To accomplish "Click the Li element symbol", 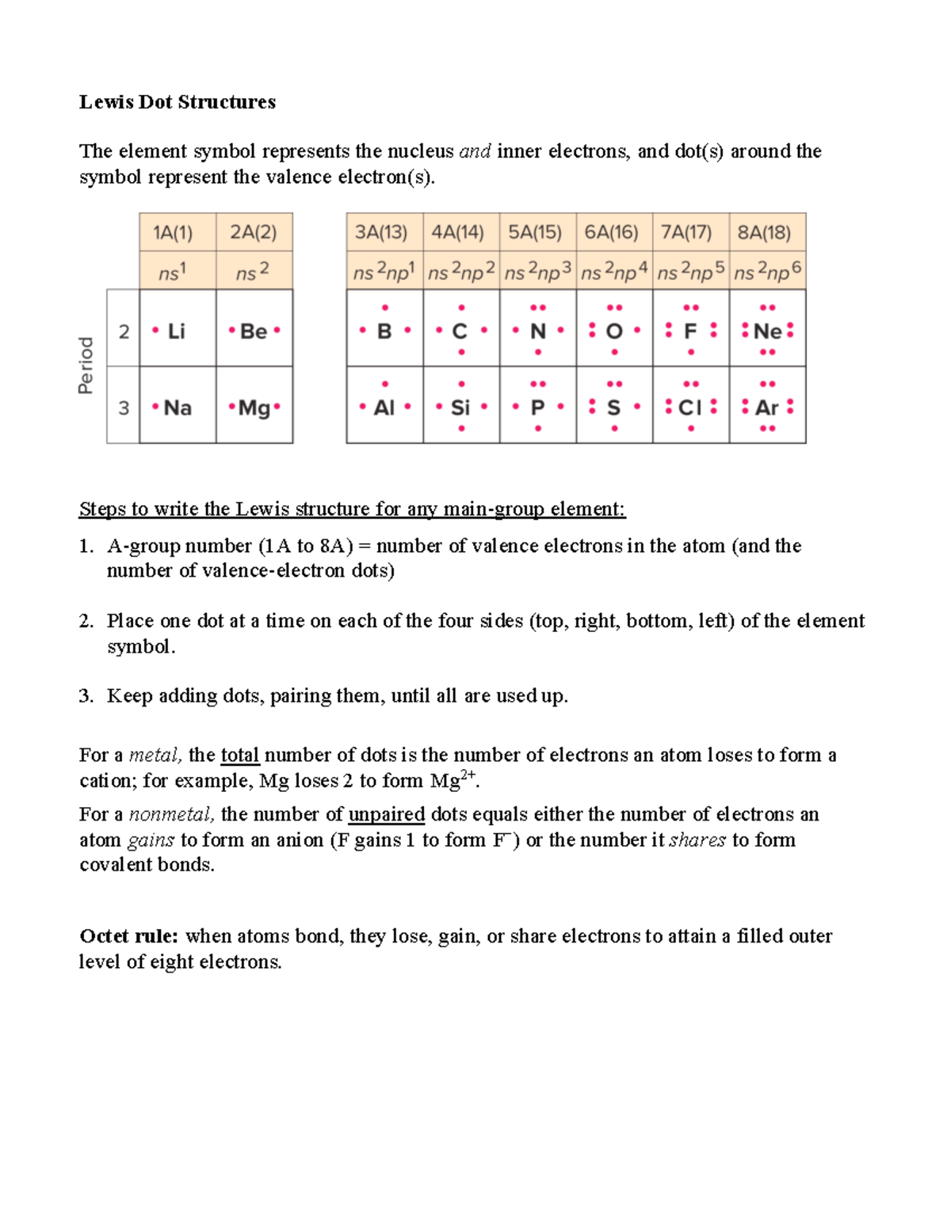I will coord(176,331).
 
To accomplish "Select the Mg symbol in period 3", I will coord(254,408).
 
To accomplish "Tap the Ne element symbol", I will coord(767,331).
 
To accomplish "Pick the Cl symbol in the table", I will coord(690,408).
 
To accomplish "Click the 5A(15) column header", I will coord(535,232).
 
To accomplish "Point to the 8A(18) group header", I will coord(765,232).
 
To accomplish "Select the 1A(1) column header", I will coord(173,232).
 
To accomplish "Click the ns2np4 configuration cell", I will coord(614,272).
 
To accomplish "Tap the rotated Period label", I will coord(86,365).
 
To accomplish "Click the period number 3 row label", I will coord(124,408).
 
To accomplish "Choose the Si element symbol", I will coord(460,408).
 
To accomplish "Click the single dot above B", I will coord(385,307).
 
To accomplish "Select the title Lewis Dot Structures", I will coord(178,102).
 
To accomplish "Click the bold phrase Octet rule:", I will coord(129,936).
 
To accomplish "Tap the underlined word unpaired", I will coord(387,814).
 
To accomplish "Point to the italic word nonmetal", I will coord(171,814).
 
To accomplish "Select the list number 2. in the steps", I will coord(86,621).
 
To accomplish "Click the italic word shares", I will coord(697,840).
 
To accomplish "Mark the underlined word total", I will coord(240,755).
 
